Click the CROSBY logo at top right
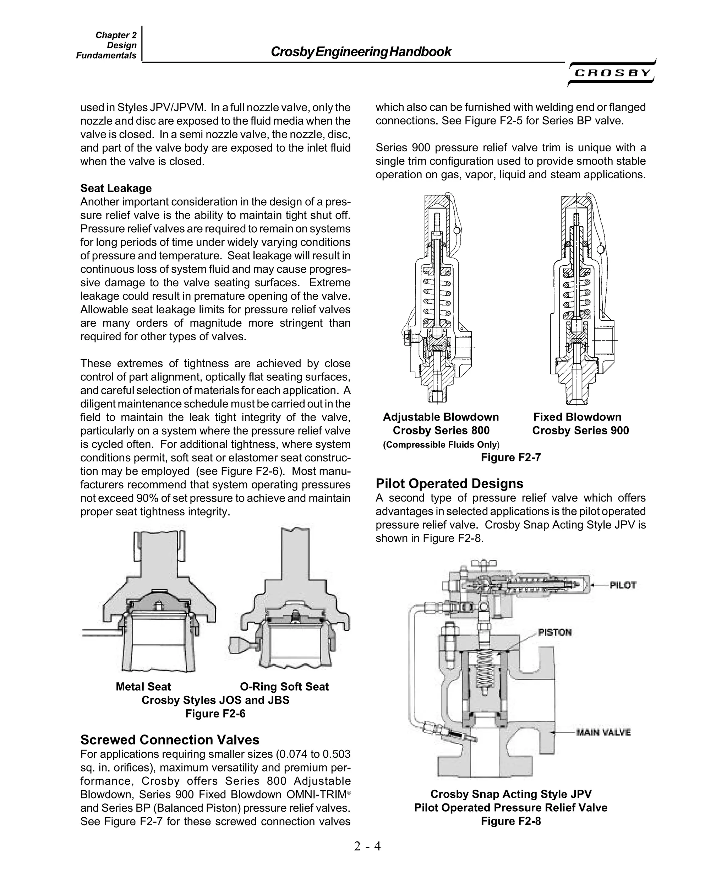point(612,73)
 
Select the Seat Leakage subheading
point(116,188)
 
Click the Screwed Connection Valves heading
point(170,740)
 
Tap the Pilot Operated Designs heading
point(449,483)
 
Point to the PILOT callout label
point(623,585)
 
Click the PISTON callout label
point(554,632)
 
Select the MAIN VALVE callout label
point(603,732)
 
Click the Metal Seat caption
point(143,687)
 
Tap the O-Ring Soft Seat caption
point(284,687)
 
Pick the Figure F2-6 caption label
point(215,714)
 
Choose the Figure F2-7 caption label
point(510,457)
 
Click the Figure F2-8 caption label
point(510,821)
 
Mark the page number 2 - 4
point(367,846)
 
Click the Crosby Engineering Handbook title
point(361,52)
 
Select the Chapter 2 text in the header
point(116,35)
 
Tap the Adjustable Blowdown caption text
point(441,417)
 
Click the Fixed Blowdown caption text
point(577,417)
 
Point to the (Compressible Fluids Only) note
point(441,444)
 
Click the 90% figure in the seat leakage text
point(146,498)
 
